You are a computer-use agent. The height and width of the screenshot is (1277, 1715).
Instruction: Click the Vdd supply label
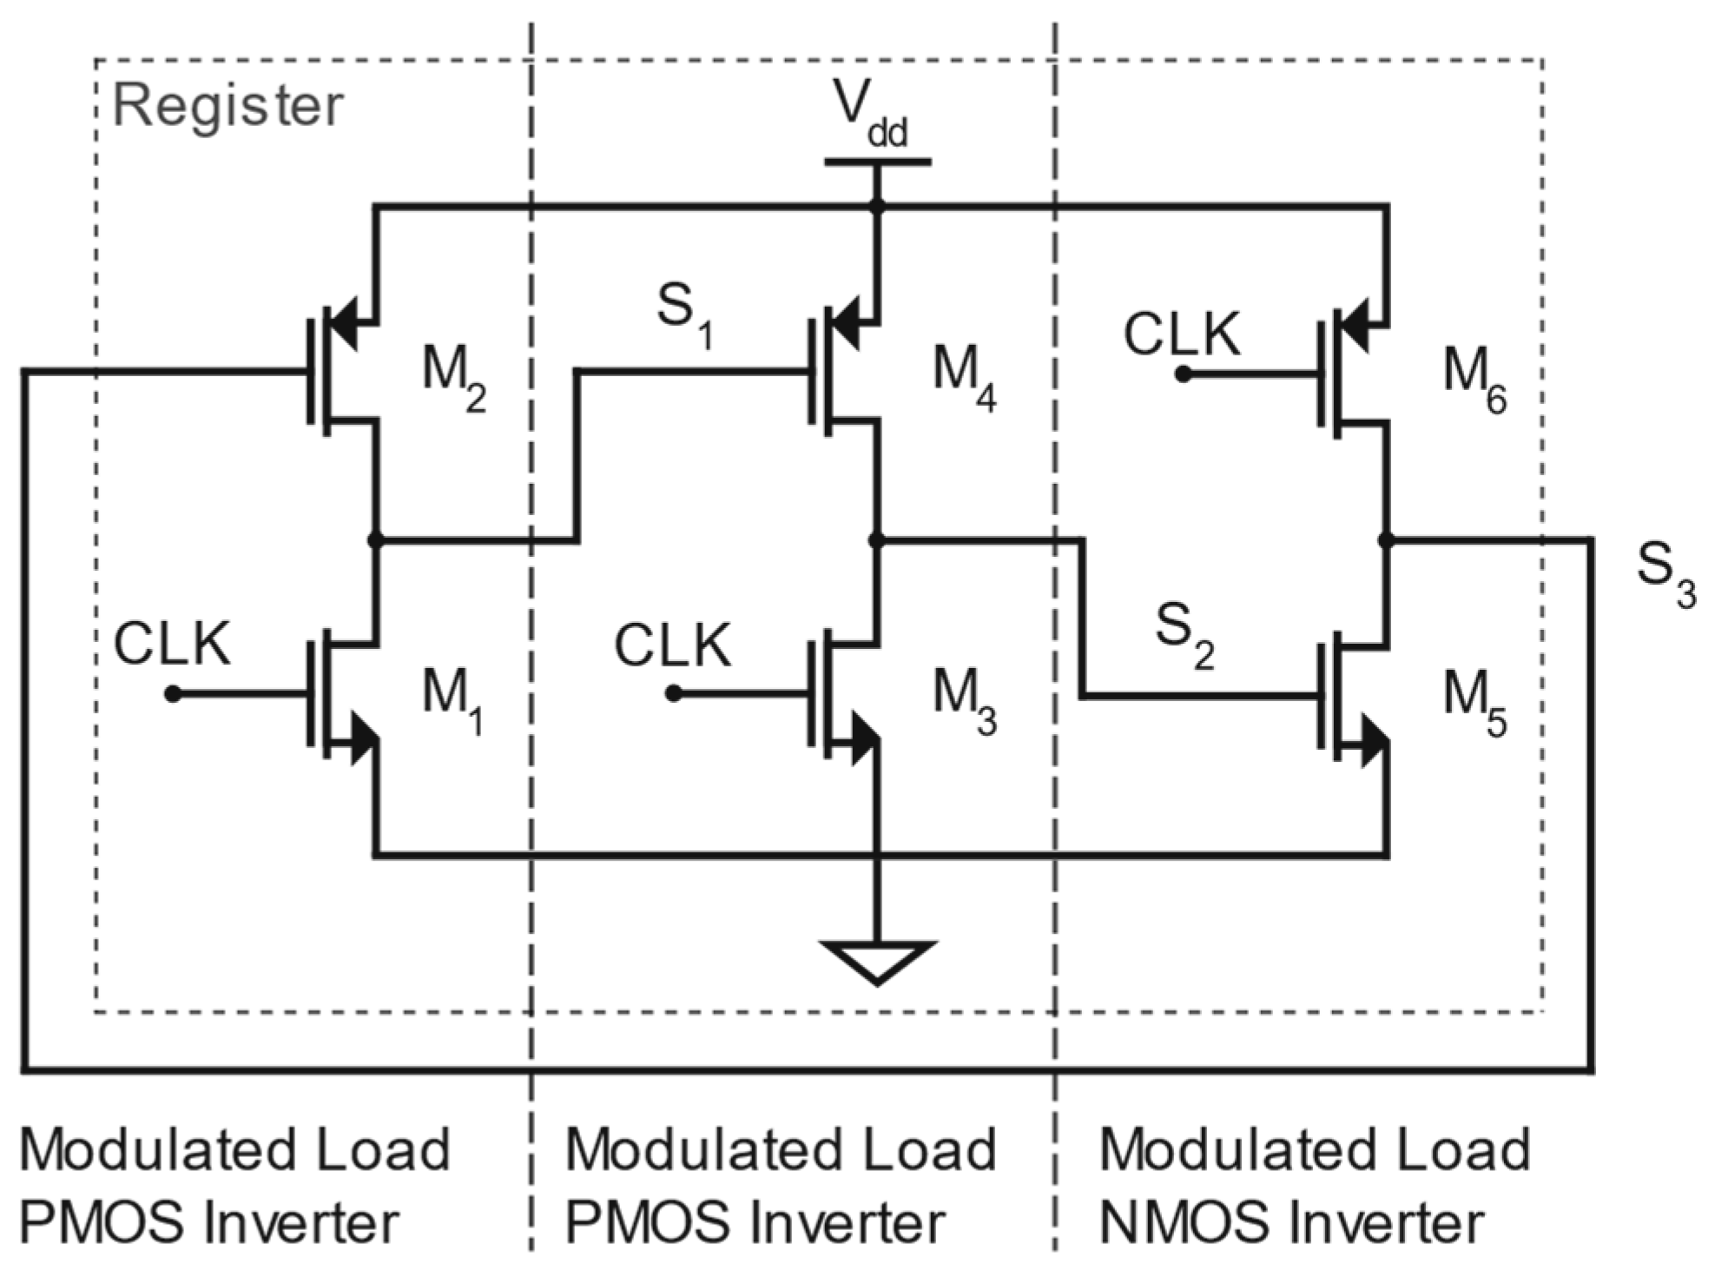click(x=868, y=115)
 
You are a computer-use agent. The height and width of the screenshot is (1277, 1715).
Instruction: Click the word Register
click(x=228, y=106)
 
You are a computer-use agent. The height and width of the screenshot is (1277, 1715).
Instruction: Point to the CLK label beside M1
click(x=172, y=645)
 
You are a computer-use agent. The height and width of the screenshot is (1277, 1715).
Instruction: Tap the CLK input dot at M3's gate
click(x=674, y=693)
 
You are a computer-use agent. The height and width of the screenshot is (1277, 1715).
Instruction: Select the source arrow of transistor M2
click(x=347, y=325)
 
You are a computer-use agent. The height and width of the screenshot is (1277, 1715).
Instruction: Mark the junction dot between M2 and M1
click(x=375, y=540)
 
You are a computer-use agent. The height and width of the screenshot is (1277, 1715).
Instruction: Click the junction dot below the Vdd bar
click(x=877, y=207)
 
